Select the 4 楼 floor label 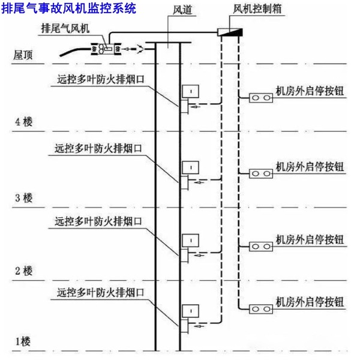(23, 122)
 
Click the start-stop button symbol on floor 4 (260, 97)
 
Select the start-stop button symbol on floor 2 (260, 246)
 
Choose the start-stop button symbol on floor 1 (260, 308)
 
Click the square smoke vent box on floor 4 (190, 91)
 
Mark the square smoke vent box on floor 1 (190, 311)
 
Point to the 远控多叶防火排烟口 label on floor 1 (100, 293)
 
